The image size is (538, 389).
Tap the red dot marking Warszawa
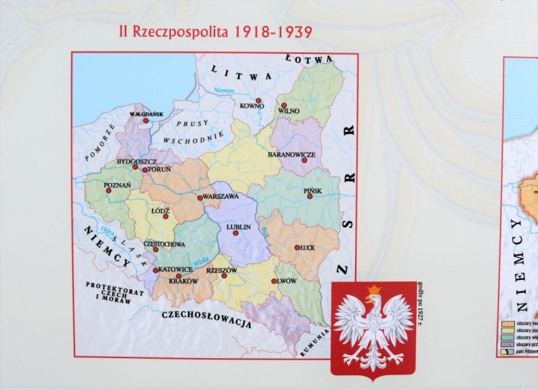[x=200, y=197]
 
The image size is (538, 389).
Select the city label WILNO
[x=288, y=111]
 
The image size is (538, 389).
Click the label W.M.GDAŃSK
[x=147, y=115]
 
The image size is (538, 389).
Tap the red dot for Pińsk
[x=311, y=199]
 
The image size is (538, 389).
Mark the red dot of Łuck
[x=297, y=248]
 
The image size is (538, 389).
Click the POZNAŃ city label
[x=118, y=184]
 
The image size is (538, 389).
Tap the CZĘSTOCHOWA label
[x=165, y=244]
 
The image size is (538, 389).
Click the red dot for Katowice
[x=155, y=271]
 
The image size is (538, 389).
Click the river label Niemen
[x=225, y=90]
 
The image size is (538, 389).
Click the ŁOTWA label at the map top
[x=308, y=57]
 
